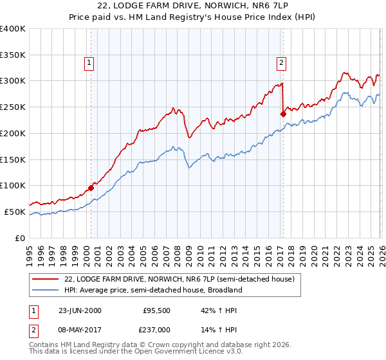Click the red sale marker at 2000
click(91, 188)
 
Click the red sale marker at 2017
click(282, 114)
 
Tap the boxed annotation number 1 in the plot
click(88, 63)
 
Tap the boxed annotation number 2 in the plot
click(281, 63)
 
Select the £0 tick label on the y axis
click(21, 238)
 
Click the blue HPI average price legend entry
click(152, 290)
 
